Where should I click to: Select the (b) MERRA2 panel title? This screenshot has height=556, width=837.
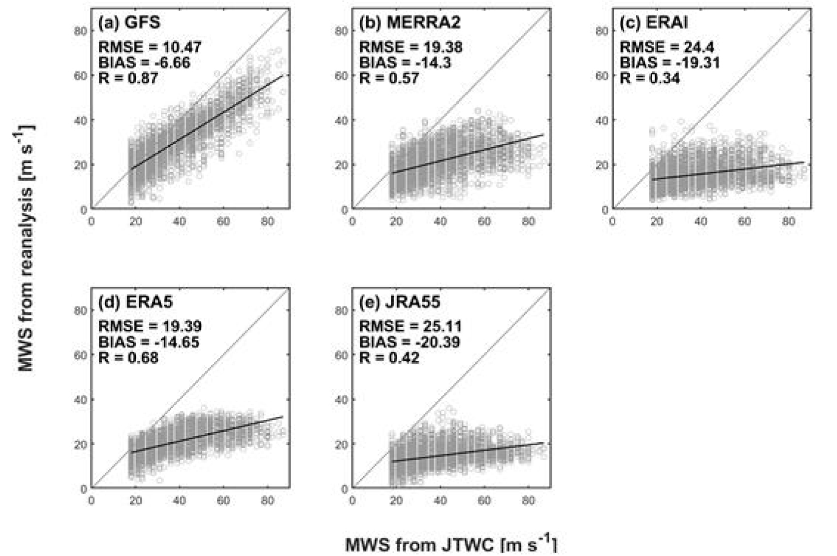410,23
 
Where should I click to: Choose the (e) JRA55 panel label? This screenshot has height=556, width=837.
400,302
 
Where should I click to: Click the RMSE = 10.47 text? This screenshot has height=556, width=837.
150,47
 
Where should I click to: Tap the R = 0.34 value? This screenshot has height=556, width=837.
650,78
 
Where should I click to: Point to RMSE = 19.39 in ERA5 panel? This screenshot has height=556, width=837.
150,326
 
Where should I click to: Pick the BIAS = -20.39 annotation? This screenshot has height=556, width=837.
410,342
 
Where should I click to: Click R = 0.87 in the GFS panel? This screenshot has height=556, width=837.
128,78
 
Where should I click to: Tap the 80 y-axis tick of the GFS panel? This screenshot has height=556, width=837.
81,31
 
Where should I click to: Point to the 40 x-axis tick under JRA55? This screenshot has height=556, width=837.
440,501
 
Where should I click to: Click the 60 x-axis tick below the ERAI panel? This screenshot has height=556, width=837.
745,221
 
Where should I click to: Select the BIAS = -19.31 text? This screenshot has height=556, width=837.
669,63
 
